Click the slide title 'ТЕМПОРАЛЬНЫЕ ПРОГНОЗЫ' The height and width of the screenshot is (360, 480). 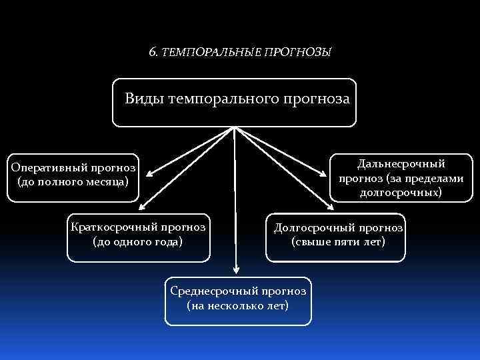[246, 51]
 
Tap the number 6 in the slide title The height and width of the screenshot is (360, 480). [152, 51]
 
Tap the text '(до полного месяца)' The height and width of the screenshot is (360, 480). [73, 181]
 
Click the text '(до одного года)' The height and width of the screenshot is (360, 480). [137, 241]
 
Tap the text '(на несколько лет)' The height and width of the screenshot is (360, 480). [238, 305]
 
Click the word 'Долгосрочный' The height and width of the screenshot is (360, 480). [313, 227]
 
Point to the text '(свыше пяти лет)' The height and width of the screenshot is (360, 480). [337, 241]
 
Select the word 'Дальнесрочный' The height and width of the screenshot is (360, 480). [401, 163]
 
